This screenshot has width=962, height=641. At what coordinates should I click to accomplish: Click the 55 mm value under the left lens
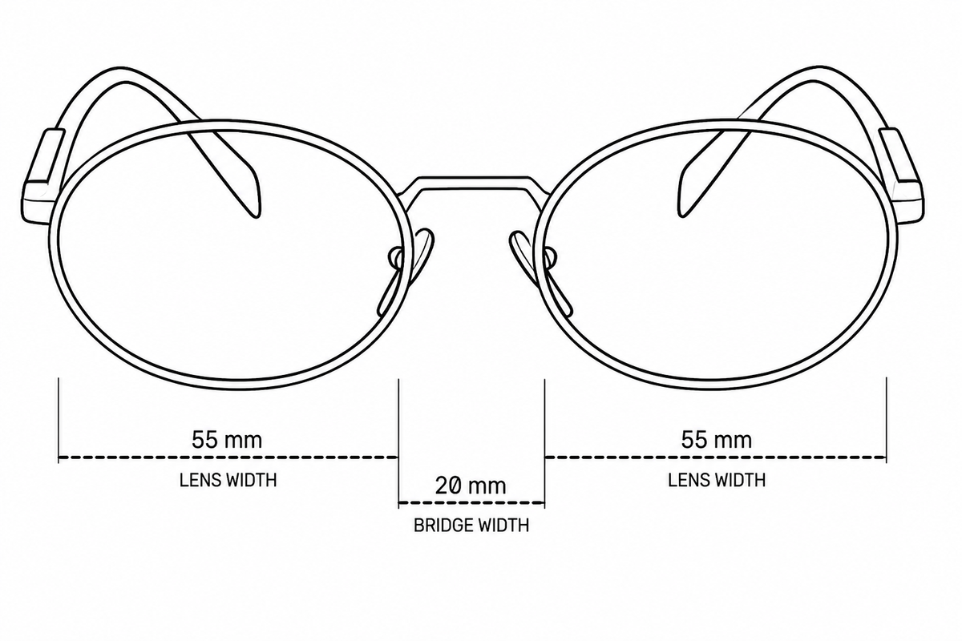point(227,440)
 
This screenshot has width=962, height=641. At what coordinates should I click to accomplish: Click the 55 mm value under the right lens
point(717,440)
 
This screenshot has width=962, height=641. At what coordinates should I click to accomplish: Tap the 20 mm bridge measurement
point(471,486)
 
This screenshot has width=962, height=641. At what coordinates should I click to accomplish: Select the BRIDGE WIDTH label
point(471,526)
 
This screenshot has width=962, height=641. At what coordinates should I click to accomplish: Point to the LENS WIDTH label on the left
point(228,480)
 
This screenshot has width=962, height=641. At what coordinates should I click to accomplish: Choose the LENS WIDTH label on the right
point(717,480)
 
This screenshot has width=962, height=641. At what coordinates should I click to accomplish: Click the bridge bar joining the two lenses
point(471,183)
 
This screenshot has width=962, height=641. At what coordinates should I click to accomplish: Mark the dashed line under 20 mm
point(471,502)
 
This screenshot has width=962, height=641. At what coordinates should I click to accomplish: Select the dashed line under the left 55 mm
point(228,458)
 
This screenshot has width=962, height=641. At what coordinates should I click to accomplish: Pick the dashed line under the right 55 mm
point(715,458)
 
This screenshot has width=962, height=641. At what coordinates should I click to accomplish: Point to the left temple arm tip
point(257,215)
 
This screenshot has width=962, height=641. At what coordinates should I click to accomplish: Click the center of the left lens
point(228,255)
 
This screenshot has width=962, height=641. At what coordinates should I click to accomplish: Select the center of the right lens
point(717,255)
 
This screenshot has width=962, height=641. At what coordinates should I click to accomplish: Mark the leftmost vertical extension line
point(59,421)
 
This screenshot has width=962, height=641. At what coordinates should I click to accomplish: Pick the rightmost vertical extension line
point(887,420)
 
